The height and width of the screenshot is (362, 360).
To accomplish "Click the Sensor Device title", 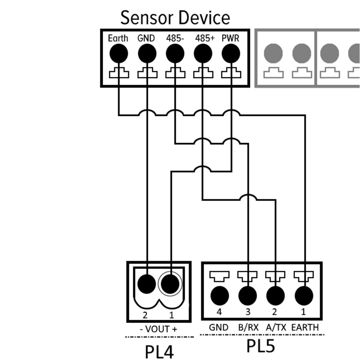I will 175,18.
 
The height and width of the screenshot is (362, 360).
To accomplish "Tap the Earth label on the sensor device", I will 118,38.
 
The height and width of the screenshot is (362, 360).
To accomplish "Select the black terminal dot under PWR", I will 231,54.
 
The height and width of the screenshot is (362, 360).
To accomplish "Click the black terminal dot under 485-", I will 175,54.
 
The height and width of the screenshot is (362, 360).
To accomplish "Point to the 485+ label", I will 205,38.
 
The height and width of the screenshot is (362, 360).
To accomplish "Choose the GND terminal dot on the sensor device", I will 147,54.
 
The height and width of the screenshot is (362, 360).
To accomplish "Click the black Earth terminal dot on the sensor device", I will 118,54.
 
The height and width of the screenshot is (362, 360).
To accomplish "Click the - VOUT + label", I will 158,329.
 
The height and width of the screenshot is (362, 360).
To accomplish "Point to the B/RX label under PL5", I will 248,327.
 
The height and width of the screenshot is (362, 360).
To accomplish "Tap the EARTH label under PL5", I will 305,327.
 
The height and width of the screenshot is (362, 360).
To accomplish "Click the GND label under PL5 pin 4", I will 219,327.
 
